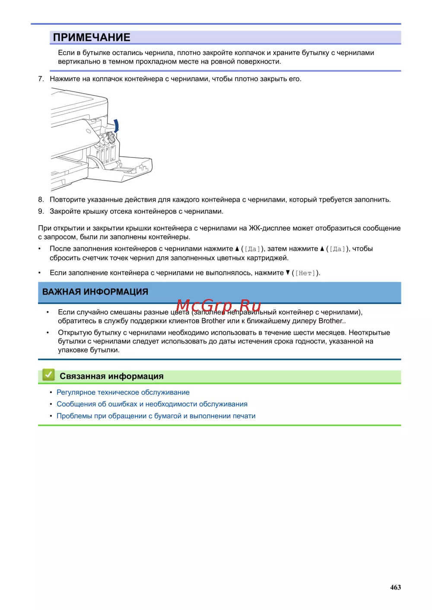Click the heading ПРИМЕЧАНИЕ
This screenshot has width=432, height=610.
91,38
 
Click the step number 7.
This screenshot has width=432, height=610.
41,79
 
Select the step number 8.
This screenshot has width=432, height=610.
41,200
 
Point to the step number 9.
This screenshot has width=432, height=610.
41,211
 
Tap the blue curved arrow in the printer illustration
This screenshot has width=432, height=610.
116,126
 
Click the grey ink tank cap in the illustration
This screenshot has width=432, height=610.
111,138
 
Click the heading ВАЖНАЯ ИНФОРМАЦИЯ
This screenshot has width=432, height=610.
95,292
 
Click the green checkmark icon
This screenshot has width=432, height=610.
48,375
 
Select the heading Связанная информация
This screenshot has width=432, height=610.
111,376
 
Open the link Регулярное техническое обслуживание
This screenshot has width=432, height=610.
123,393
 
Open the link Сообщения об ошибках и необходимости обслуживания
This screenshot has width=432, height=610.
152,404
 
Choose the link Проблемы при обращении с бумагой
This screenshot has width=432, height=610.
156,416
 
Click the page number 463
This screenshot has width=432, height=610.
395,588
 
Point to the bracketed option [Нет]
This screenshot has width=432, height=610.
305,273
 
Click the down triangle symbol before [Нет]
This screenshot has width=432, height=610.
288,273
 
